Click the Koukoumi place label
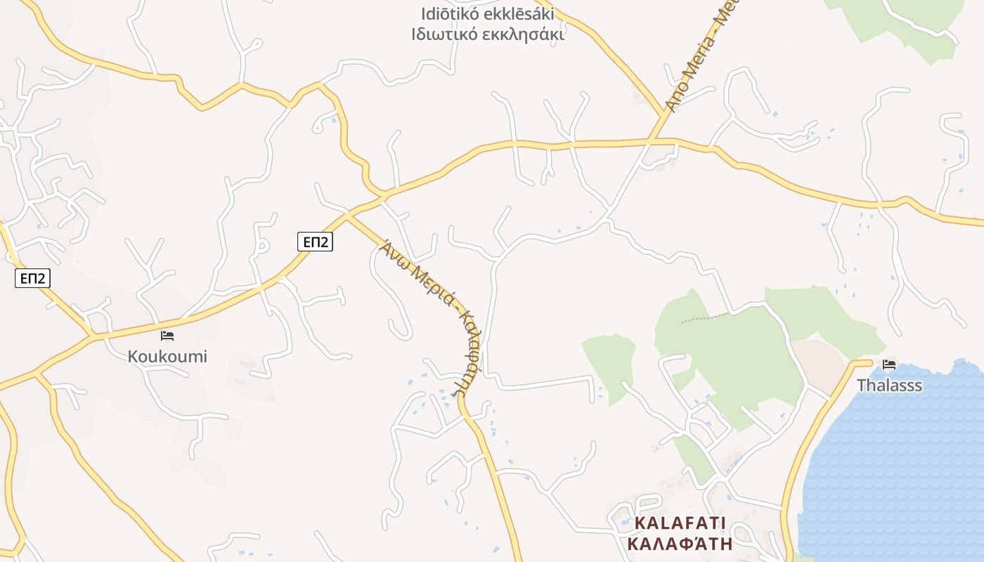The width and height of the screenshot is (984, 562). pyautogui.click(x=167, y=356)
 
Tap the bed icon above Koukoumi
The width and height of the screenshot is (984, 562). pyautogui.click(x=167, y=336)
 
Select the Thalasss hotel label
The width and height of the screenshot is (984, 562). pyautogui.click(x=889, y=386)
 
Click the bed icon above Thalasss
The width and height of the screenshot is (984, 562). pyautogui.click(x=889, y=365)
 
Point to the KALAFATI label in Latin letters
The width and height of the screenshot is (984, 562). pyautogui.click(x=680, y=523)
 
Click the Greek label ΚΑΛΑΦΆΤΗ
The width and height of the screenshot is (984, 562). pyautogui.click(x=680, y=543)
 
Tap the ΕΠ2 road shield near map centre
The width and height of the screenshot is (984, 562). pyautogui.click(x=315, y=242)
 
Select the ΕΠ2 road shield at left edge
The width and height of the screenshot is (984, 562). pyautogui.click(x=32, y=279)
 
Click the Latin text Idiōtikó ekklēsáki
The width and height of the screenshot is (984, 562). pyautogui.click(x=488, y=14)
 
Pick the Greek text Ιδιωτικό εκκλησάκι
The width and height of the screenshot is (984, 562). pyautogui.click(x=488, y=34)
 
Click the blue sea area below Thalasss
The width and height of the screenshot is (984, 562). pyautogui.click(x=900, y=464)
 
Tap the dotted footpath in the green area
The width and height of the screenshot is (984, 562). pyautogui.click(x=703, y=318)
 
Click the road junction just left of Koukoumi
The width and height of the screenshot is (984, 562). pyautogui.click(x=92, y=337)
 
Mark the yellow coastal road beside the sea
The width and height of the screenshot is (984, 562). pyautogui.click(x=801, y=450)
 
